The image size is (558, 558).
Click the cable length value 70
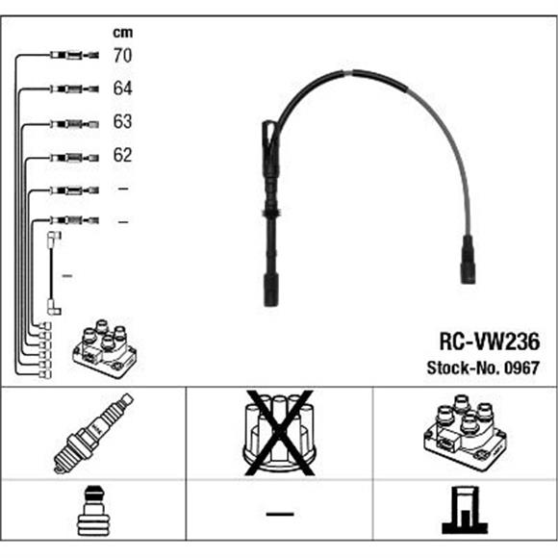(x=122, y=56)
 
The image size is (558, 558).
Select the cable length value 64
(x=122, y=89)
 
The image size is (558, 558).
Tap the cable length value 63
(x=122, y=121)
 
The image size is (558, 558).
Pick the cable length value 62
(x=122, y=155)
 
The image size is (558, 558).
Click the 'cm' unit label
(x=123, y=33)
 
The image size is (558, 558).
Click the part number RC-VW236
(x=490, y=342)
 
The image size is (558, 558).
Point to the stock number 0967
(x=521, y=368)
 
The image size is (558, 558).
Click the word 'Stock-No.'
(x=464, y=368)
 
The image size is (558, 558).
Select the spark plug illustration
(x=93, y=433)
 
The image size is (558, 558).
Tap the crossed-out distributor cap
(x=279, y=433)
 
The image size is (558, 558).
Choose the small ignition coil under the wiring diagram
(x=105, y=348)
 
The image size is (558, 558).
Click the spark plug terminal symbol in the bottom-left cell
(x=93, y=510)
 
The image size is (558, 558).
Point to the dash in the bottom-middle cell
(x=280, y=514)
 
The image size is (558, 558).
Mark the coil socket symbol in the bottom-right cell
(x=465, y=510)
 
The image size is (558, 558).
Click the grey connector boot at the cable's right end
(x=468, y=259)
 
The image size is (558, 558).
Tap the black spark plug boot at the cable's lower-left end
(x=271, y=290)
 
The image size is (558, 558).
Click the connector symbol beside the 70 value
(x=74, y=55)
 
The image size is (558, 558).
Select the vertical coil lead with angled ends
(x=52, y=273)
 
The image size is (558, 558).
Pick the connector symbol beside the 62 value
(x=74, y=157)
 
